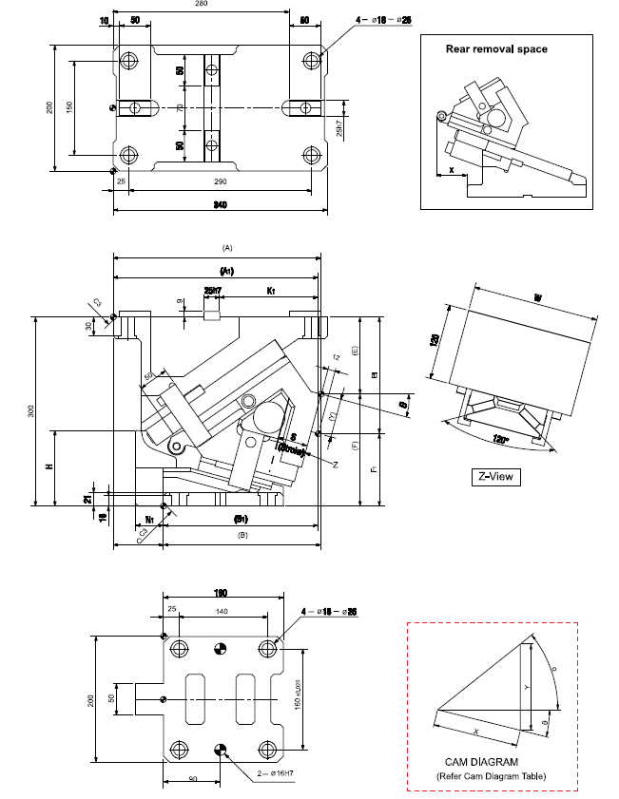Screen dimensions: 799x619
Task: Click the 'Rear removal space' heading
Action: (x=496, y=48)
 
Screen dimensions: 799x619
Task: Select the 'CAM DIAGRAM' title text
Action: (x=481, y=762)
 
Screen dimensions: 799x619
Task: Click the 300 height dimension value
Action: (x=29, y=410)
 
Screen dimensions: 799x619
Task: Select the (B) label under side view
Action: (x=242, y=535)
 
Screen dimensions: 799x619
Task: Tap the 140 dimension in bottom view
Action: (x=222, y=612)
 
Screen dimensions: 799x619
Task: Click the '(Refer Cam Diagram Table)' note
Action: (x=491, y=775)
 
